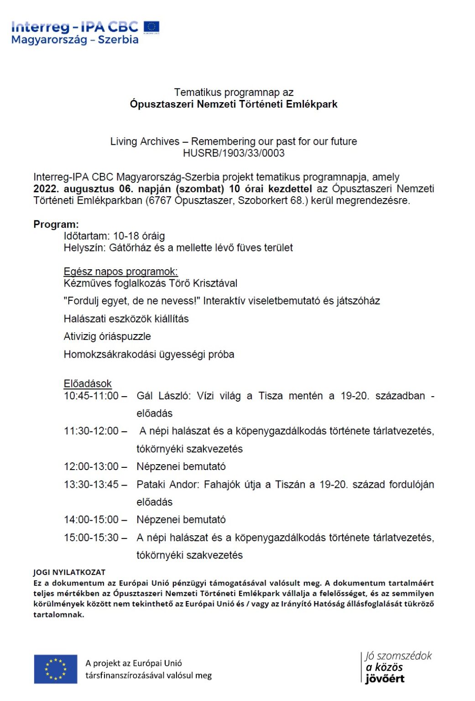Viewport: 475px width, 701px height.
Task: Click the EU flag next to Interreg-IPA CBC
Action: [151, 27]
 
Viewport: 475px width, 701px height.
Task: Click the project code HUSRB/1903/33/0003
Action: [234, 153]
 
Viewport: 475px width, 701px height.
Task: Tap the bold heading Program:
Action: [56, 225]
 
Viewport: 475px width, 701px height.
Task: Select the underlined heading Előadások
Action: [88, 384]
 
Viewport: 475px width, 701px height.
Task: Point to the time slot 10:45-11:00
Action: [91, 396]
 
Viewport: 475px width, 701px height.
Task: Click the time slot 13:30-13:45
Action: [91, 485]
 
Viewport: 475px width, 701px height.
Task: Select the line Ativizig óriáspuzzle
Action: [107, 337]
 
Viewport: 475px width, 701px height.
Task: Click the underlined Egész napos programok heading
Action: [120, 272]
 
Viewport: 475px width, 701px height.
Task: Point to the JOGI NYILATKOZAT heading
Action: [69, 572]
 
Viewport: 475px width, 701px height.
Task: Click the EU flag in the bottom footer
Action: [56, 669]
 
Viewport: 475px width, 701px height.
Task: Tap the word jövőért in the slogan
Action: [385, 679]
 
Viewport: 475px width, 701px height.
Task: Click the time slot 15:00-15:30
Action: [91, 538]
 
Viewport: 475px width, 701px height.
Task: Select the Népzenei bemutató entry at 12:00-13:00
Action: [181, 467]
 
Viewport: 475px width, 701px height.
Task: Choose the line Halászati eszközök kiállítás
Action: [126, 319]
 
